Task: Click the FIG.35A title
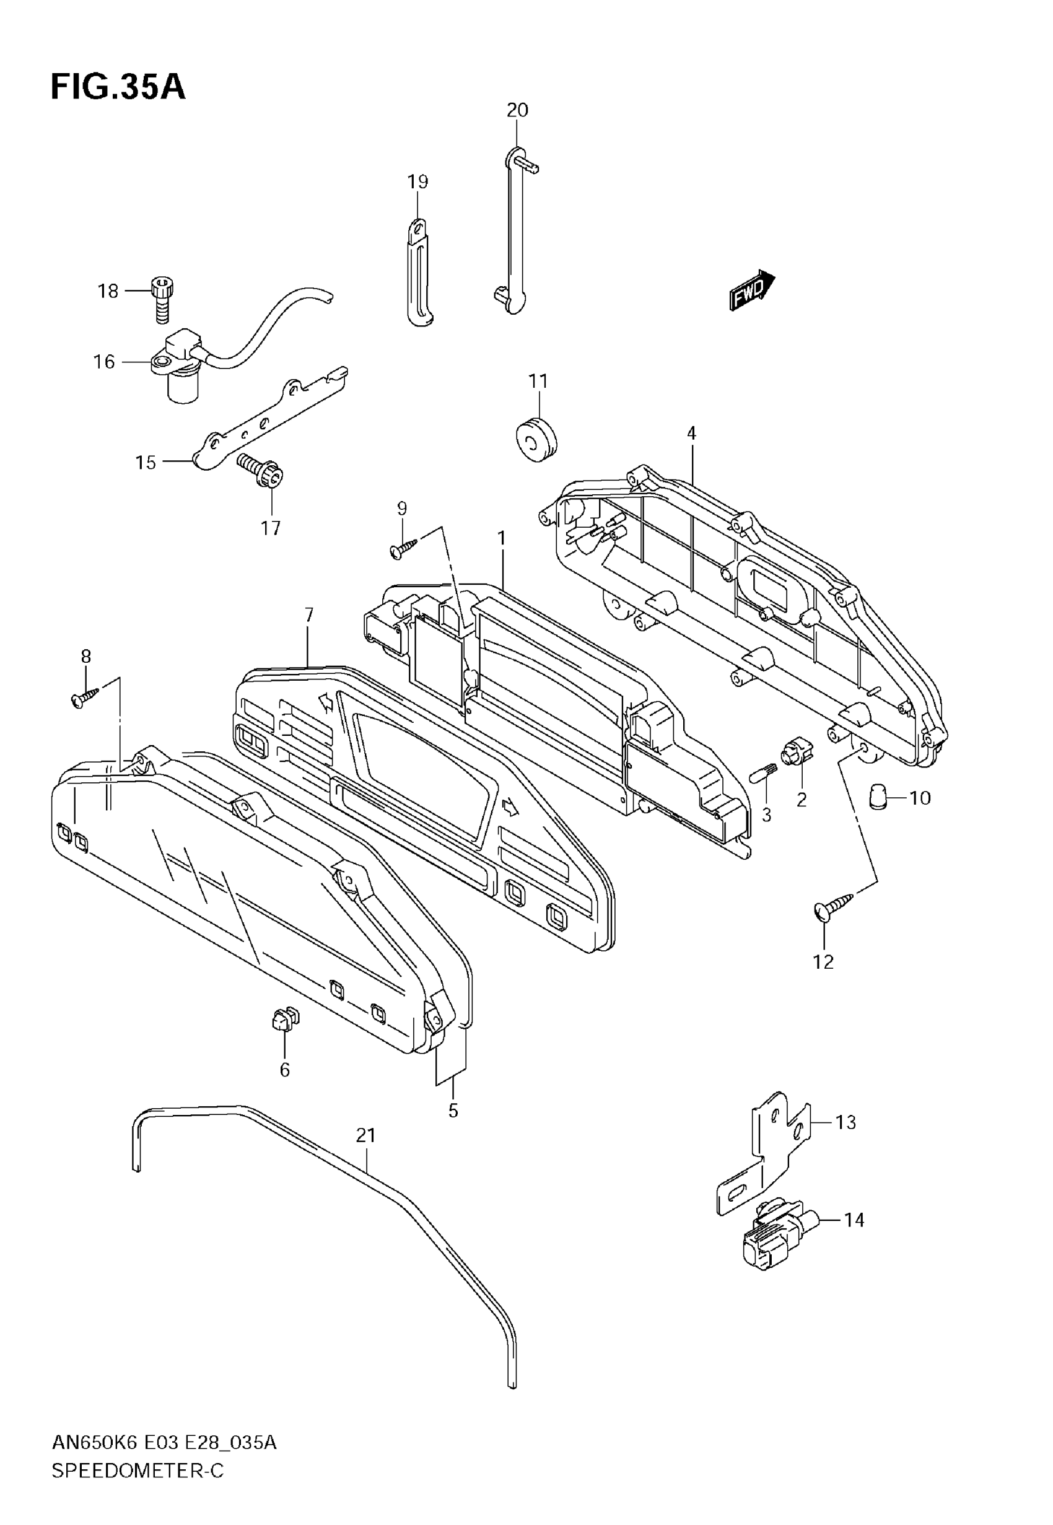tap(118, 88)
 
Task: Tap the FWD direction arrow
tap(751, 289)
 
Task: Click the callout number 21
tap(365, 1135)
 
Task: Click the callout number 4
tap(691, 434)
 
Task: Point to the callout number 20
tap(517, 110)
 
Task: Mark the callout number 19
tap(417, 181)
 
